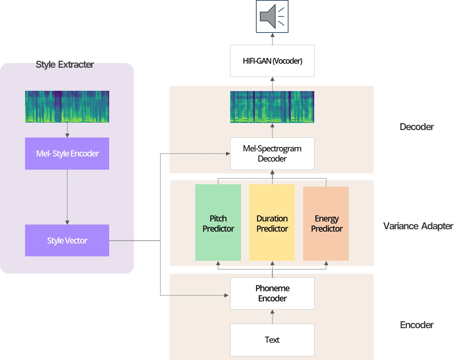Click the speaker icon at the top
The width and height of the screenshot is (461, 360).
(272, 16)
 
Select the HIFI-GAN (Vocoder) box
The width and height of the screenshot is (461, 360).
(272, 61)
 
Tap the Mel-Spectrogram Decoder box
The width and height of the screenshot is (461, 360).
(272, 153)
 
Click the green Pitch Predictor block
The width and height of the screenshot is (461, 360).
(218, 223)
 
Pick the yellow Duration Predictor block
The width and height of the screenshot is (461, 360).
(272, 223)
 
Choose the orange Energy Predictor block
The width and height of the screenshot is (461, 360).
(326, 224)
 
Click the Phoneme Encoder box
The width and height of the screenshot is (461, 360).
(272, 293)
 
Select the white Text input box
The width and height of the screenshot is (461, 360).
(272, 340)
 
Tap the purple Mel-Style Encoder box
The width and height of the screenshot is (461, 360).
(67, 153)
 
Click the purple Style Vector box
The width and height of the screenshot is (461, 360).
(67, 240)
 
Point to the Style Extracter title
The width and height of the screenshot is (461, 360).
(65, 64)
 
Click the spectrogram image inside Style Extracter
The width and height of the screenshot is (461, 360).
(67, 106)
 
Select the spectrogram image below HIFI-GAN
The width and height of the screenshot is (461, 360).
(272, 107)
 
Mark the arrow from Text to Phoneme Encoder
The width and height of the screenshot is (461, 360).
(272, 316)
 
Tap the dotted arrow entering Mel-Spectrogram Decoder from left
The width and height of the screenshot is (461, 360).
(198, 153)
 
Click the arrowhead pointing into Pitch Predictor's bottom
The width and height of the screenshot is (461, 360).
(218, 263)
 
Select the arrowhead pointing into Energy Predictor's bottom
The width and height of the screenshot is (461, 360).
(326, 263)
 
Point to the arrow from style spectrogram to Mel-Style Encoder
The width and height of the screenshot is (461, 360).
(67, 130)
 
